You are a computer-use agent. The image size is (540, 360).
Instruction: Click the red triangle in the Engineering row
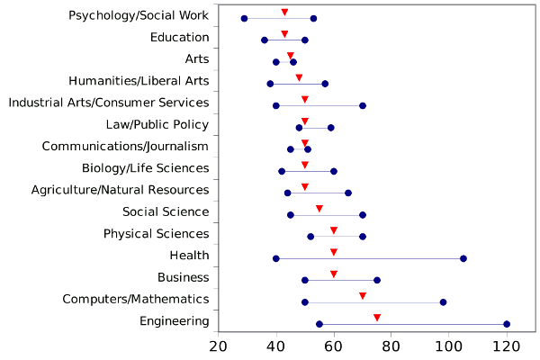[x=377, y=318]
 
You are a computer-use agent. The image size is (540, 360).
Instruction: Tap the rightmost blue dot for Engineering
[x=507, y=324]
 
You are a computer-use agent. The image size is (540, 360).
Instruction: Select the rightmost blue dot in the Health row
[x=463, y=258]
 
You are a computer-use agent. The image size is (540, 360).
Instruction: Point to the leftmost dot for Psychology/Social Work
[x=244, y=19]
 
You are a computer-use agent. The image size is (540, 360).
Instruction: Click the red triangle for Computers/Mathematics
[x=363, y=296]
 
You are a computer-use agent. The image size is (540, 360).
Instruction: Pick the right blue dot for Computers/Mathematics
[x=443, y=302]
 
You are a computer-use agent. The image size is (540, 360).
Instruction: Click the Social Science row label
[x=166, y=211]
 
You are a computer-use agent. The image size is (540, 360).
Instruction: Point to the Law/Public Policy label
[x=157, y=124]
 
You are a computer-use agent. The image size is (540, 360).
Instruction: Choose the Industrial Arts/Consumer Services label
[x=109, y=103]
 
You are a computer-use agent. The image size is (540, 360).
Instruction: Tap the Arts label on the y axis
[x=196, y=59]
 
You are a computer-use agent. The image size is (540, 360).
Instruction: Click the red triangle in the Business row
[x=334, y=274]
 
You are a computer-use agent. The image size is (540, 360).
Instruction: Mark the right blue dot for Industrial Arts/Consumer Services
[x=363, y=105]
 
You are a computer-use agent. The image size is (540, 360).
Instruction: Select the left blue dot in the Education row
[x=265, y=40]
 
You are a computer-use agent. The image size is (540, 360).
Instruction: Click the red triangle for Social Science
[x=319, y=209]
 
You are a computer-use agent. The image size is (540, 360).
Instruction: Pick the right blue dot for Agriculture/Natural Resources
[x=348, y=193]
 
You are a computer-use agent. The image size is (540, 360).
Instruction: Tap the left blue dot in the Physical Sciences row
[x=310, y=237]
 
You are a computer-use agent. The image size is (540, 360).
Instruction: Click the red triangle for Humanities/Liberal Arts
[x=299, y=77]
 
